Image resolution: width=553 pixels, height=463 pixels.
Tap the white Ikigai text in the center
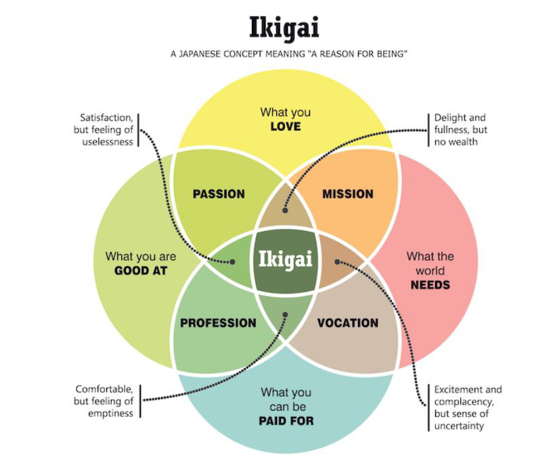tap(285, 259)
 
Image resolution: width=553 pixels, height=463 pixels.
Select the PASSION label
tap(219, 194)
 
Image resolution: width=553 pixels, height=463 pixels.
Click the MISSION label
tap(348, 194)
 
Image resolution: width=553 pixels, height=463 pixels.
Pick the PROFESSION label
tap(218, 323)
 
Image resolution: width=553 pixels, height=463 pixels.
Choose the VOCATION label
tap(348, 323)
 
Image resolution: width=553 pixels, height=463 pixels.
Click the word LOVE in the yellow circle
tap(285, 126)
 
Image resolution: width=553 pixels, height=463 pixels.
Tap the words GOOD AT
tap(141, 271)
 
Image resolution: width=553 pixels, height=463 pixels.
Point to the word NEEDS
tap(430, 285)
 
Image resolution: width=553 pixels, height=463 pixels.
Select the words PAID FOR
tap(286, 421)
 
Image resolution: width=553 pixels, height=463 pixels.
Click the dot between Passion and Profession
tap(232, 261)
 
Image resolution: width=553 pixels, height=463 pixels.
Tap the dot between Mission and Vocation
tap(337, 261)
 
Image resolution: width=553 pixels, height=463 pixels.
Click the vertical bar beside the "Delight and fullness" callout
tap(428, 129)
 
